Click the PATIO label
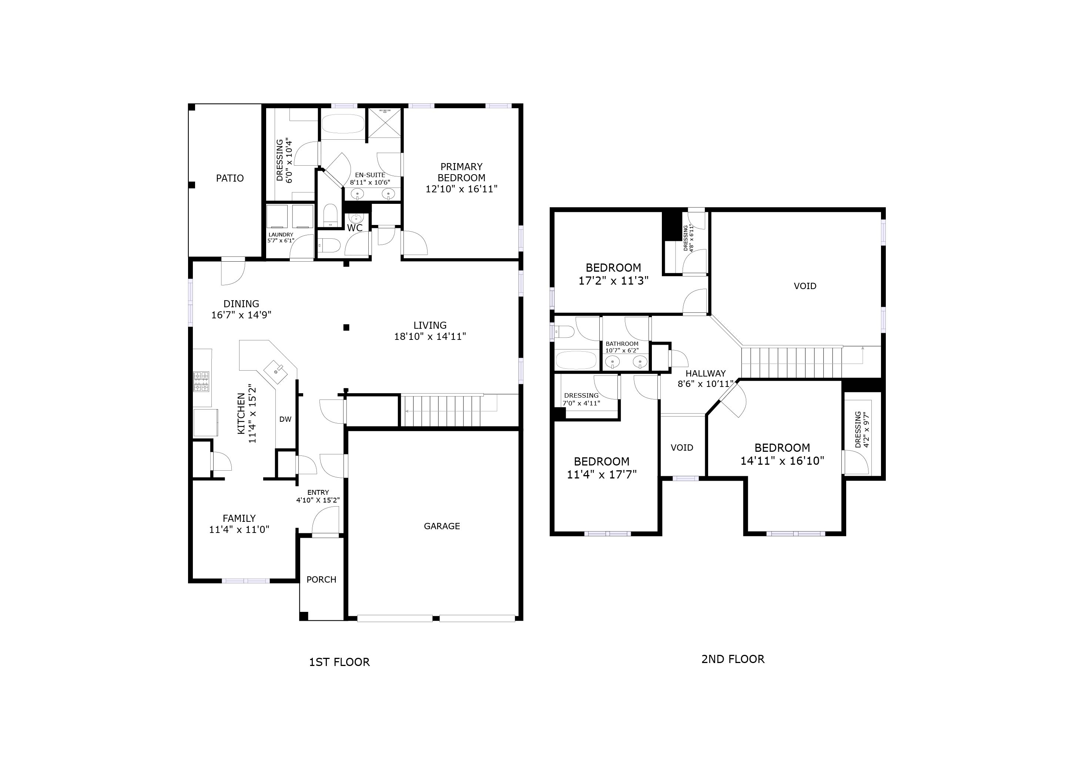pos(230,178)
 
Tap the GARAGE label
pos(442,526)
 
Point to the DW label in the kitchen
pos(285,419)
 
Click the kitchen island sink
pos(278,370)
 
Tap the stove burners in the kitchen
pos(201,381)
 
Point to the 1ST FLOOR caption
pos(339,662)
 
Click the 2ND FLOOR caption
pos(733,659)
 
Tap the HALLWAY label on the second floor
pos(706,374)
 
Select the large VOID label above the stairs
pos(805,286)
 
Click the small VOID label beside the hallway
pos(682,448)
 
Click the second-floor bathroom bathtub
pos(576,360)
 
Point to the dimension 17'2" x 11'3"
pos(613,281)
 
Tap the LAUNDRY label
pos(281,235)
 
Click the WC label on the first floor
pos(355,228)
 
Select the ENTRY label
pos(318,492)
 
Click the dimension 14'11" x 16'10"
pos(782,461)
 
